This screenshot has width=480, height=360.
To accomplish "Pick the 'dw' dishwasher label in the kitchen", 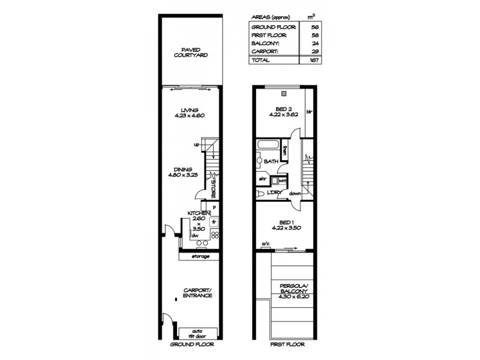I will point(195,236).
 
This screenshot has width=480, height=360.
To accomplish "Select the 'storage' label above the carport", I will point(200,257).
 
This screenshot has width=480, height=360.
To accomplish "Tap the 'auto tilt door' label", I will point(197,333).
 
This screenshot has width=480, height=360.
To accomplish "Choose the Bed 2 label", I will point(281,109).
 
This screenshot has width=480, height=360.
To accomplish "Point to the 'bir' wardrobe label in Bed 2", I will point(310,112).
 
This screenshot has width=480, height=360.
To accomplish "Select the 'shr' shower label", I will point(262,179).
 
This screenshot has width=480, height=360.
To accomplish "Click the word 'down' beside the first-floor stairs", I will point(295,194).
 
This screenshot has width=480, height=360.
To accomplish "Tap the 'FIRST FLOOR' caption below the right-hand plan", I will point(287,345).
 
